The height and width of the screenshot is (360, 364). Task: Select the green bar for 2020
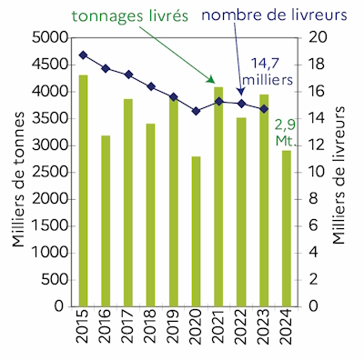click(196, 231)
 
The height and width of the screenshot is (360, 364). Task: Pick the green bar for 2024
click(286, 227)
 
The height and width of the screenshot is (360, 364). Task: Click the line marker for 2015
click(84, 55)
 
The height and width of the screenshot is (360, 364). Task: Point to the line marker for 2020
click(196, 111)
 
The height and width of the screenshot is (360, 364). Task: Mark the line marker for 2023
click(263, 109)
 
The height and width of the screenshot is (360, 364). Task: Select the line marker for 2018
click(151, 86)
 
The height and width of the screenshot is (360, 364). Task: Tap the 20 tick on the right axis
click(312, 37)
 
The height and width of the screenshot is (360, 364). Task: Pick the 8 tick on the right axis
click(308, 198)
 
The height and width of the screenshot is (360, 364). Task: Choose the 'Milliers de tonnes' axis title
click(15, 171)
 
